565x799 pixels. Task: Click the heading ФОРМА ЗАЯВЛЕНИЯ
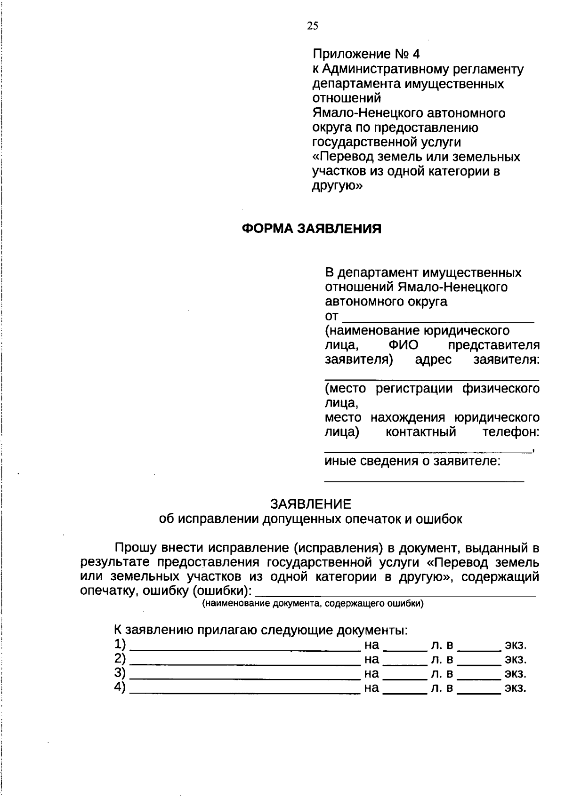coord(311,229)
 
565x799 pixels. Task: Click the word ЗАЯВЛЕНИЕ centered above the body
coord(311,504)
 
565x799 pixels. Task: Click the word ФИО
coord(404,345)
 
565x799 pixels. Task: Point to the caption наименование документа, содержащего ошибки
coord(313,604)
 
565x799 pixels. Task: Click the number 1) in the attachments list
coord(120,644)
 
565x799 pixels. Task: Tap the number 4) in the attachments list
coord(120,687)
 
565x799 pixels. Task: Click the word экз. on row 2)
coord(516,659)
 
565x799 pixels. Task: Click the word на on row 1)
coord(371,644)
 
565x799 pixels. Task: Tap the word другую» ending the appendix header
coord(337,185)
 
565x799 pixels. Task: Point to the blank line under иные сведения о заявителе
coord(424,480)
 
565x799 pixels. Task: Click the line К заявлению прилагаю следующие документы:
coord(260,630)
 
